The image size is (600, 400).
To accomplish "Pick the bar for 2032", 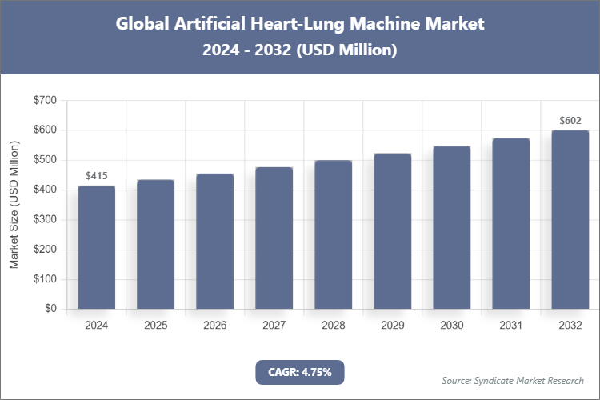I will pos(570,219).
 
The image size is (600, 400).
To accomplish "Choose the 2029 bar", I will pos(393,231).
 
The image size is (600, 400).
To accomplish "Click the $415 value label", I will pos(96,175).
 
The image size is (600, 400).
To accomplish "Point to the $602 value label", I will pos(570,121).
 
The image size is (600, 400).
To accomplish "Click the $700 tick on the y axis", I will pos(44,100).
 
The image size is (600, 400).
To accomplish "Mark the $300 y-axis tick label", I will pos(44,219).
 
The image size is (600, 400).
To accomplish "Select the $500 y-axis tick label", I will pos(44,160).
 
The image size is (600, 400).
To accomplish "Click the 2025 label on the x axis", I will pos(155,326).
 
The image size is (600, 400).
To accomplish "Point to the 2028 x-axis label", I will pos(334,326).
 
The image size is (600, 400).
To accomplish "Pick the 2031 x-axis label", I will pos(511,326).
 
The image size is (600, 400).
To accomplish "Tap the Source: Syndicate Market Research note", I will pos(513,380).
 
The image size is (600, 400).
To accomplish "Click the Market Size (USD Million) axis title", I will pos(14,205).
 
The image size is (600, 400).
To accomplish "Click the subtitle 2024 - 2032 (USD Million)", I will pos(300,50).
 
